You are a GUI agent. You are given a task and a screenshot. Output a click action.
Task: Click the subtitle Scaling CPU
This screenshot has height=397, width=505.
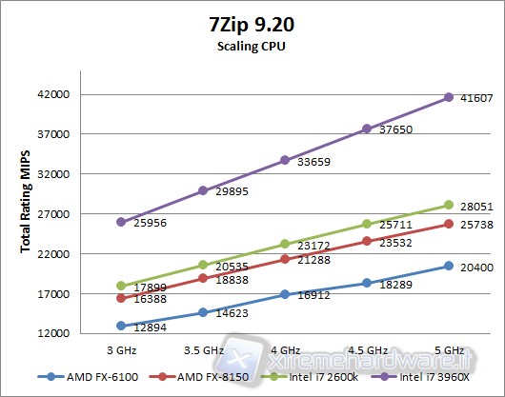(252, 44)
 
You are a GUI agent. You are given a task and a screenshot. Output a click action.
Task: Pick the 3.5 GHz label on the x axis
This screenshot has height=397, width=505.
(203, 350)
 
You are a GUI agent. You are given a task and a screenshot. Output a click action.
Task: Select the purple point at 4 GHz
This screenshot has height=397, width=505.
(285, 161)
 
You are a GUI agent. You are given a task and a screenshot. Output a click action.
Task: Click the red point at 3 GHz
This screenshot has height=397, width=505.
(121, 299)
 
